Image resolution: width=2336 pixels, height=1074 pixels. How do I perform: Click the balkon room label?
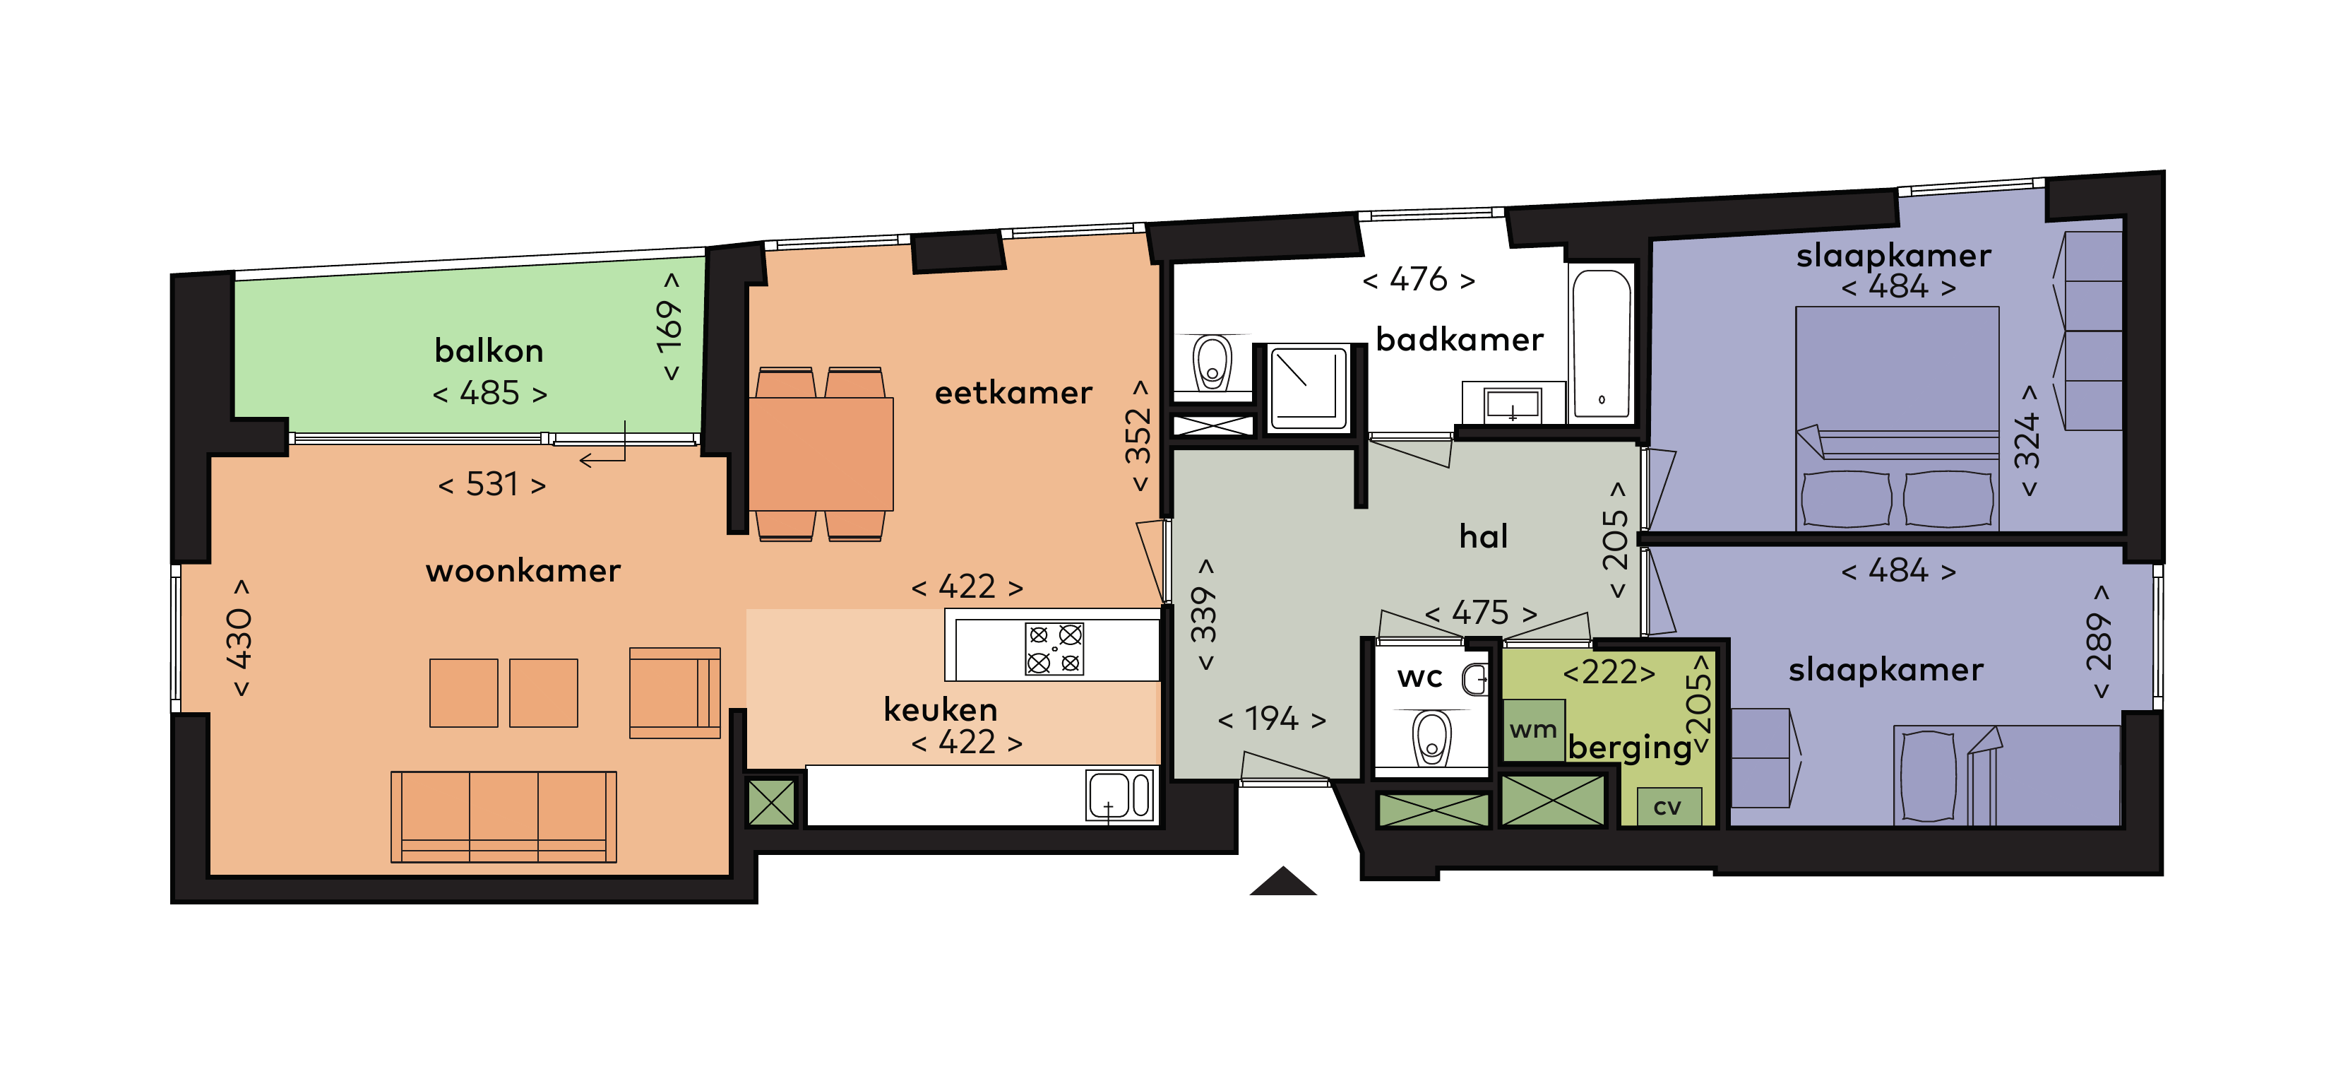(489, 351)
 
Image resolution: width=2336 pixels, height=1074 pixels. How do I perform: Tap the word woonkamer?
(523, 572)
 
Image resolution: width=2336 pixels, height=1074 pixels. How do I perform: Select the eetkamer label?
(1013, 394)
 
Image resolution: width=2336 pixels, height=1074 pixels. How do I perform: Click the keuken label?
(941, 710)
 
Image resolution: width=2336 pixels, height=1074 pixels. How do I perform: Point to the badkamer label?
(1459, 340)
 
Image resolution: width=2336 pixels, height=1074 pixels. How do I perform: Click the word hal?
(1484, 537)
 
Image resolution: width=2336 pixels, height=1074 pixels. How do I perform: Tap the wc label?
(1419, 678)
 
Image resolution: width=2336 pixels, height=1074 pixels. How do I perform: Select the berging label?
(1630, 748)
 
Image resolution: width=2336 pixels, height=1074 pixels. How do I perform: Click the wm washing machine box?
(1532, 730)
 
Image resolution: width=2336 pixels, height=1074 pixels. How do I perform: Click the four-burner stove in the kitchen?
(1054, 649)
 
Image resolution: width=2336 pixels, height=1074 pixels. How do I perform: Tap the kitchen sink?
(1119, 796)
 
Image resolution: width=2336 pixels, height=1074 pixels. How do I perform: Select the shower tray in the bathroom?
(1308, 387)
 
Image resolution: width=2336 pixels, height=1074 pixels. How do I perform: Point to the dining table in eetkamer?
(821, 454)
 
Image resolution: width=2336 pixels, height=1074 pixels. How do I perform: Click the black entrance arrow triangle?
(1282, 883)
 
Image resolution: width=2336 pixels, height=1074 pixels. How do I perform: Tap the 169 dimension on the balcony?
(669, 326)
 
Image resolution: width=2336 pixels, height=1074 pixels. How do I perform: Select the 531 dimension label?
(492, 485)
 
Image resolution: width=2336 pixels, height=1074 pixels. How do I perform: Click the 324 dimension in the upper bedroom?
(2027, 441)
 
